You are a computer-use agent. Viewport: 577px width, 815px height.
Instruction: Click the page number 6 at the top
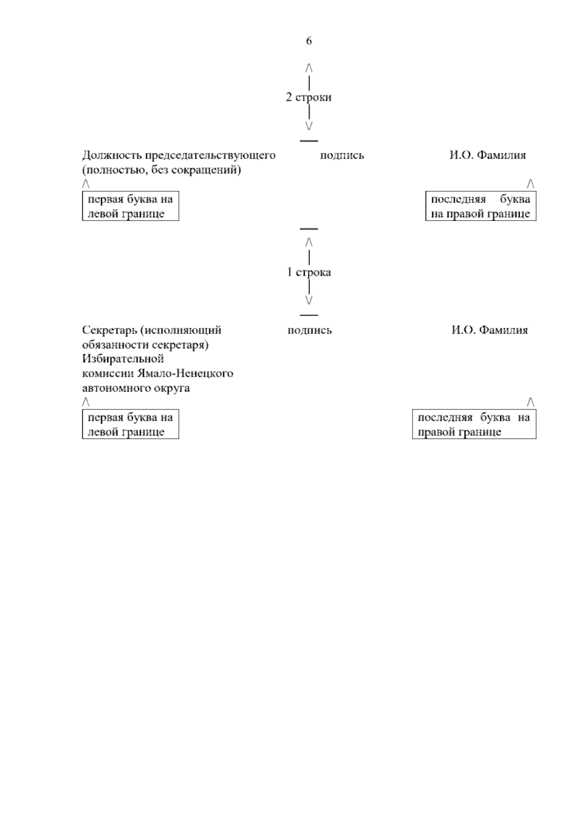pyautogui.click(x=309, y=41)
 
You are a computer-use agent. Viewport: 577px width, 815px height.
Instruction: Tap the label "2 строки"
pyautogui.click(x=309, y=98)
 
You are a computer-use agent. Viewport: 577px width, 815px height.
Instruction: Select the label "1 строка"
pyautogui.click(x=309, y=272)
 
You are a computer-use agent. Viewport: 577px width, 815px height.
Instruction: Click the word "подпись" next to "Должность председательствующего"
pyautogui.click(x=342, y=156)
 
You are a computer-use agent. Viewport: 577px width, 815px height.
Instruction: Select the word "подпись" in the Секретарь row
pyautogui.click(x=310, y=331)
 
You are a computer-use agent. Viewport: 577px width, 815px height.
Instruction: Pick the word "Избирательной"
pyautogui.click(x=123, y=359)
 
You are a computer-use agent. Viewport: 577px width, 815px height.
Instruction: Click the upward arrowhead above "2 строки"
pyautogui.click(x=309, y=67)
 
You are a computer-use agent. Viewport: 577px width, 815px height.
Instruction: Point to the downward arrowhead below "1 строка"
pyautogui.click(x=309, y=300)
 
